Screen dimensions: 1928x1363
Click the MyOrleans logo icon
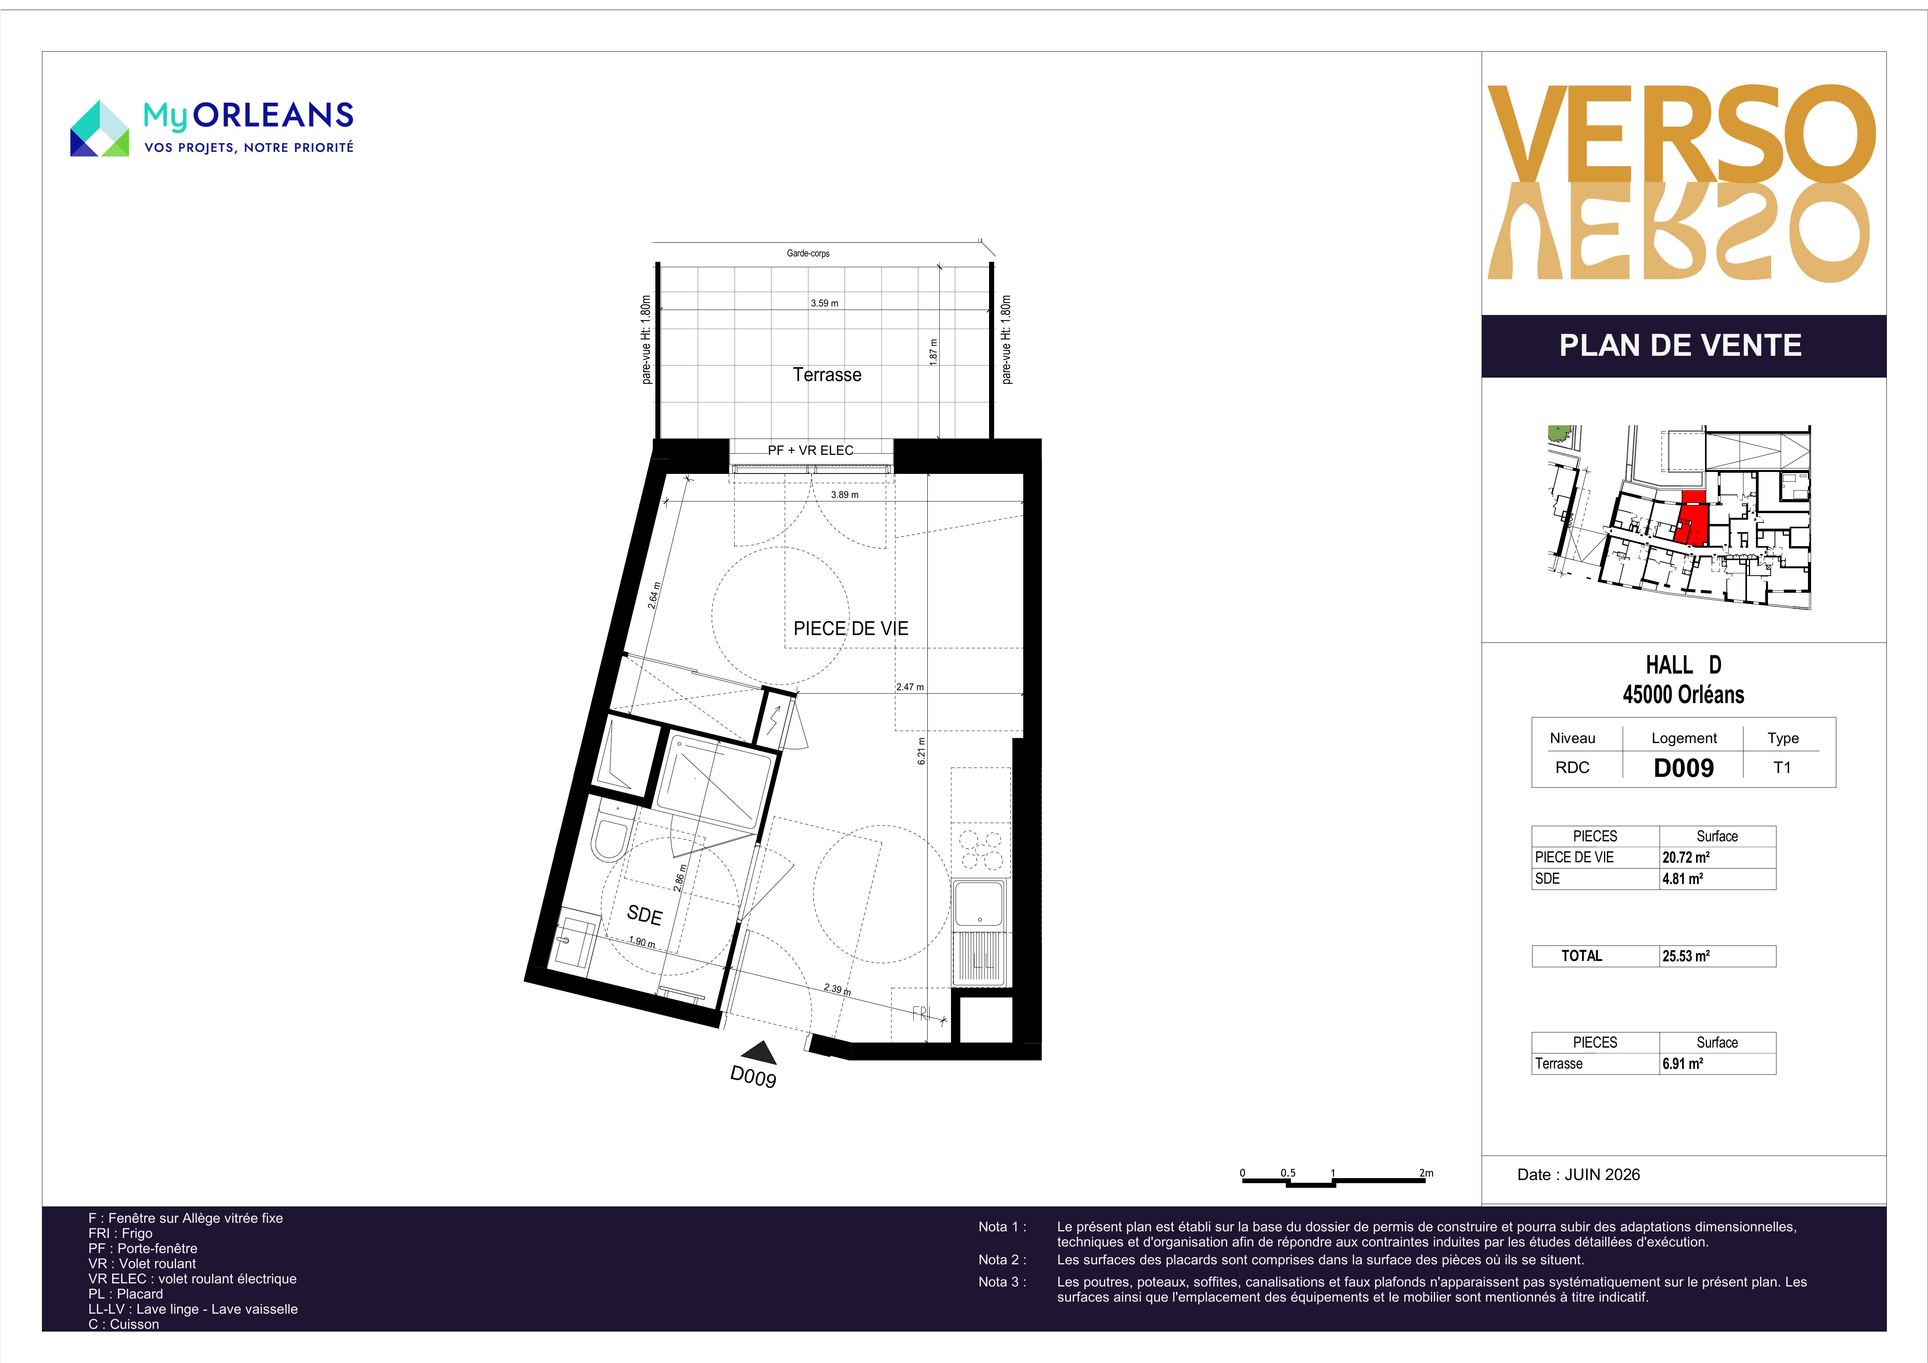point(99,129)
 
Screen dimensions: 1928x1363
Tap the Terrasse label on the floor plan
point(827,374)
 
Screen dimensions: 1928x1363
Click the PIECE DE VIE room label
point(851,628)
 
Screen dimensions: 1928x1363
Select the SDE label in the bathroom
point(644,914)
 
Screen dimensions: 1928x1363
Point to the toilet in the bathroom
point(610,830)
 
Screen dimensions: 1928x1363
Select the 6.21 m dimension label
point(921,751)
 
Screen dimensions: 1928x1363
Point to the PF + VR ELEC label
point(810,450)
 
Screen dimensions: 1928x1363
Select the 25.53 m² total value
point(1685,956)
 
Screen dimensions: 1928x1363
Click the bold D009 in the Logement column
point(1684,768)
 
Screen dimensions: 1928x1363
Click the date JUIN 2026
point(1602,1174)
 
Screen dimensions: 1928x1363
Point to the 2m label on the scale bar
point(1426,1172)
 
